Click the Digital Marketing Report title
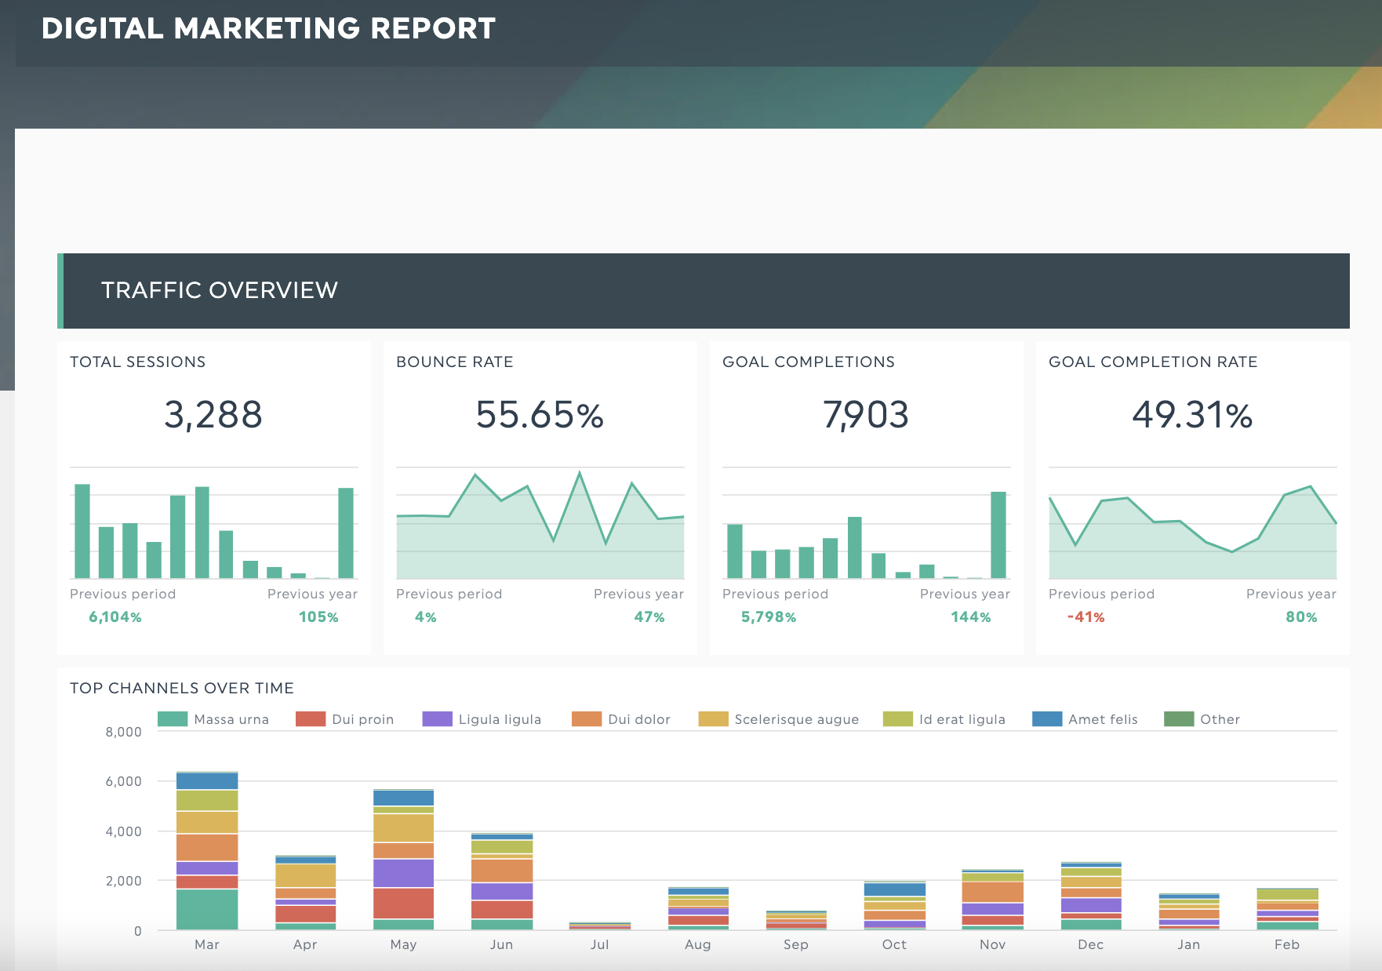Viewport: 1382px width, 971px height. point(268,28)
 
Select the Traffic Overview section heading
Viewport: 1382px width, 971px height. point(220,290)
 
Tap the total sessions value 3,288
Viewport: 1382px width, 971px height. point(213,414)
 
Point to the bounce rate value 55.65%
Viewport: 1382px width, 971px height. point(540,414)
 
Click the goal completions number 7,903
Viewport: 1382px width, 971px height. point(866,414)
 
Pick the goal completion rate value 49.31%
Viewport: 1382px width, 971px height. point(1192,414)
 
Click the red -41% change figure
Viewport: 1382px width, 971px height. point(1086,617)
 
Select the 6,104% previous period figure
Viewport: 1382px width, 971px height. point(115,617)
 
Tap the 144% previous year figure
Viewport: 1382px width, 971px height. point(971,617)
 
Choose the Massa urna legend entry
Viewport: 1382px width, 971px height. point(213,719)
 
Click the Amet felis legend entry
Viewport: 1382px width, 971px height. point(1085,719)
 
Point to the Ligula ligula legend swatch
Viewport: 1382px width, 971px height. point(438,719)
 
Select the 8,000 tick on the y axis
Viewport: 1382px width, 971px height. point(124,732)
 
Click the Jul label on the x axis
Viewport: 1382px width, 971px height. point(600,944)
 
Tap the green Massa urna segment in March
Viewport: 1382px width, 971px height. point(207,910)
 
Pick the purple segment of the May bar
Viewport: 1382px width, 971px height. point(404,873)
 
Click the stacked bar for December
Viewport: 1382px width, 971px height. point(1091,896)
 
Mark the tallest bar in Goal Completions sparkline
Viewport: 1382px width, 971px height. point(998,535)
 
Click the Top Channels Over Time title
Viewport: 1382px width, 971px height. point(182,688)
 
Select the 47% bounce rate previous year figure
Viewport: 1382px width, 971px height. point(649,617)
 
